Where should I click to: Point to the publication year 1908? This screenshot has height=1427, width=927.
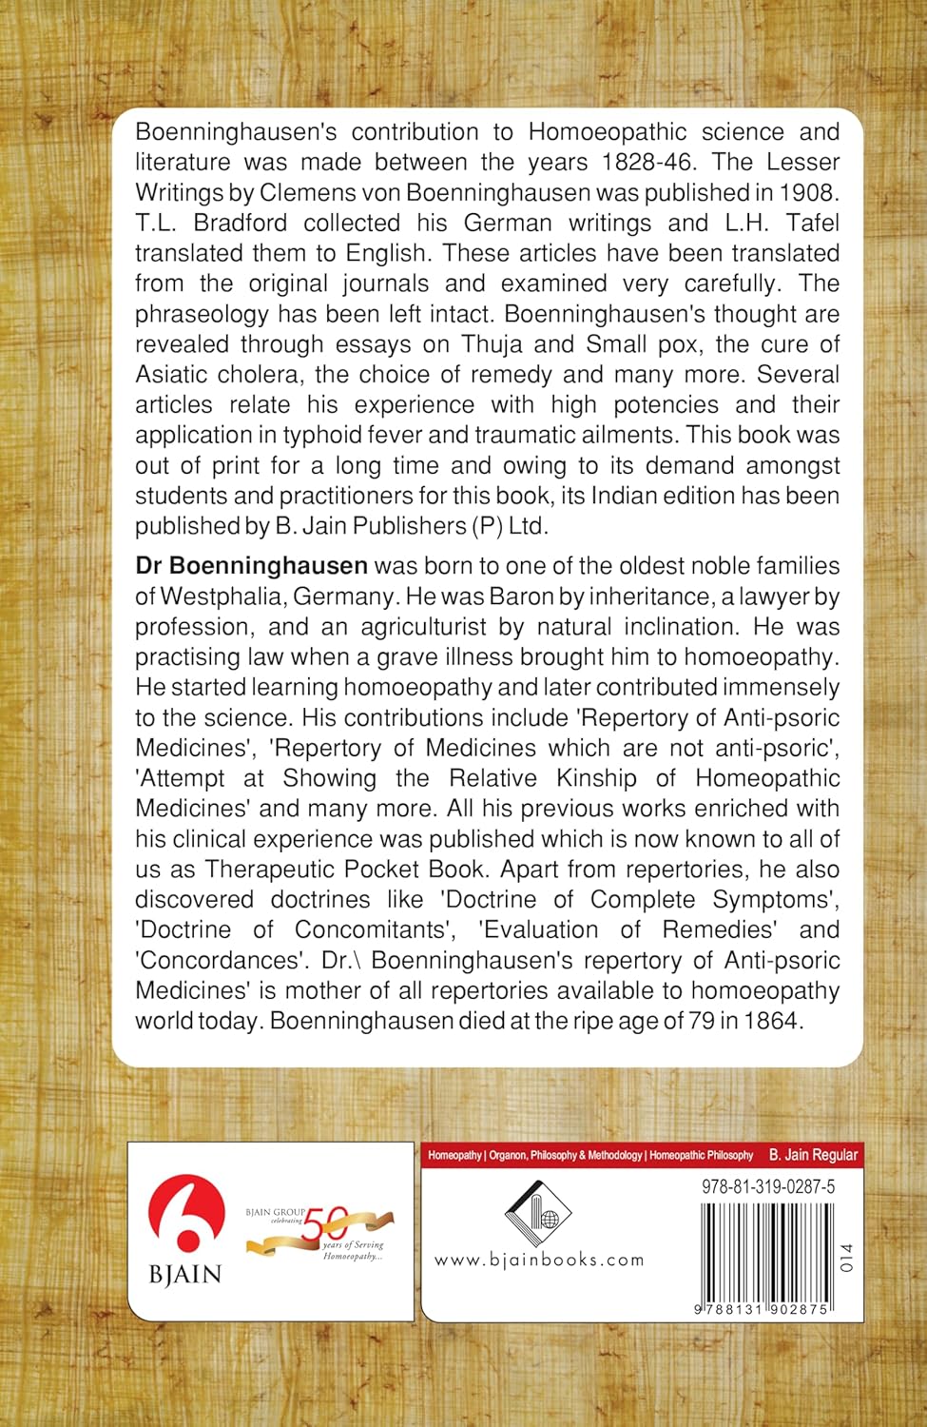809,193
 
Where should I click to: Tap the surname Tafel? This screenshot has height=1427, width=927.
807,224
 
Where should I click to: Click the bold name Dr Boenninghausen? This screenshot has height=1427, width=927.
251,566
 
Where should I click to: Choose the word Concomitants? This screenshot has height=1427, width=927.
378,929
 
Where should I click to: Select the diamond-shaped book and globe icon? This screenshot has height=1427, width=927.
538,1213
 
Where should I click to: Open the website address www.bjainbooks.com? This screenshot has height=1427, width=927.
539,1260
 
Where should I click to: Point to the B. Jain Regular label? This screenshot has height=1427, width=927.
813,1155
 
